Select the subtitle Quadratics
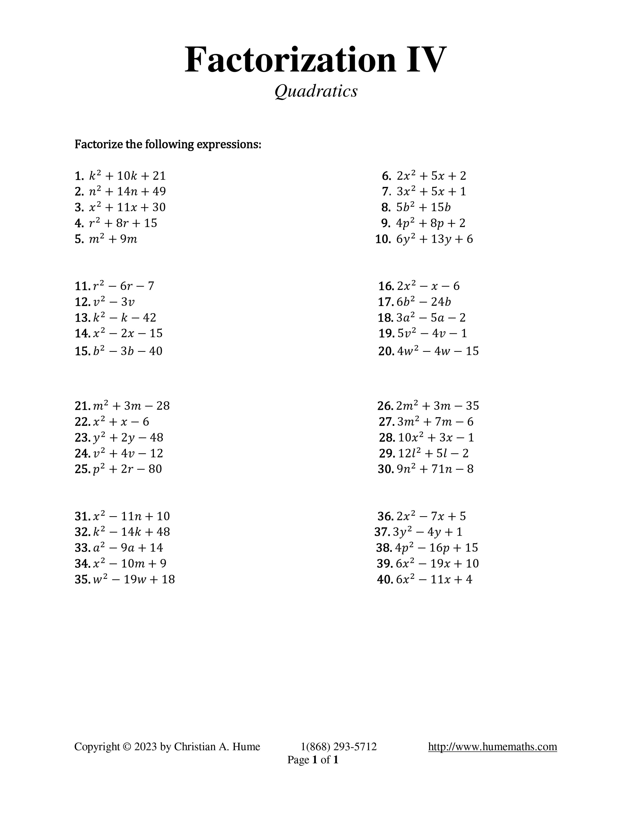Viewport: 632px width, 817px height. coord(316,91)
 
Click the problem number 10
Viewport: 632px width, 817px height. coord(383,239)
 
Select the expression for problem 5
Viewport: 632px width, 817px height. coord(113,239)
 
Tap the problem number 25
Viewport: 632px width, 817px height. coord(81,469)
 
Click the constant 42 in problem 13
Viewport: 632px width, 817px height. coord(149,318)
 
